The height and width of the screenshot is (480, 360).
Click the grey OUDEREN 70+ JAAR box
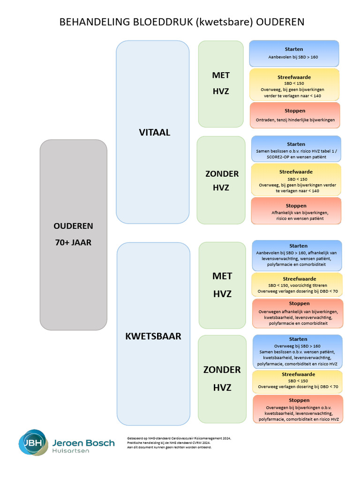tap(73, 234)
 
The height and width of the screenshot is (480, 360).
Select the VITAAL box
tap(153, 132)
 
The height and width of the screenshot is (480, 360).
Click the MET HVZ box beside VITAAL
tap(221, 83)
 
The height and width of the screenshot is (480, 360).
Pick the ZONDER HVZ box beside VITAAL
tap(221, 180)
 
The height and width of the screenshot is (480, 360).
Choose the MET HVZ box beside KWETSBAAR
tap(222, 285)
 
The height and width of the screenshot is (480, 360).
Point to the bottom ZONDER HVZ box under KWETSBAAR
tap(222, 379)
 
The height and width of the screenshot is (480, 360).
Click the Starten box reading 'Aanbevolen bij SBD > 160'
tap(294, 53)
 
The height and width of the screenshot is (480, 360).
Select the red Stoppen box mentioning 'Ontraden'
tap(295, 115)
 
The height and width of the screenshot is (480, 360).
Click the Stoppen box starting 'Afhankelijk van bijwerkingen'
tap(296, 211)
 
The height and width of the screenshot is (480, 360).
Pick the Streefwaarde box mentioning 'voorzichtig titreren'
tap(297, 285)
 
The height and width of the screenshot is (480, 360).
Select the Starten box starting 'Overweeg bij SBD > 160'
tap(298, 352)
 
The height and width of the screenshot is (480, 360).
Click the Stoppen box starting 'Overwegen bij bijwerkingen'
tap(298, 409)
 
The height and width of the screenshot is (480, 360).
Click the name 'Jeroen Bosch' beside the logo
tap(83, 442)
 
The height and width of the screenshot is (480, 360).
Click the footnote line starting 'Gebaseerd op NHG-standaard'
tap(179, 438)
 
